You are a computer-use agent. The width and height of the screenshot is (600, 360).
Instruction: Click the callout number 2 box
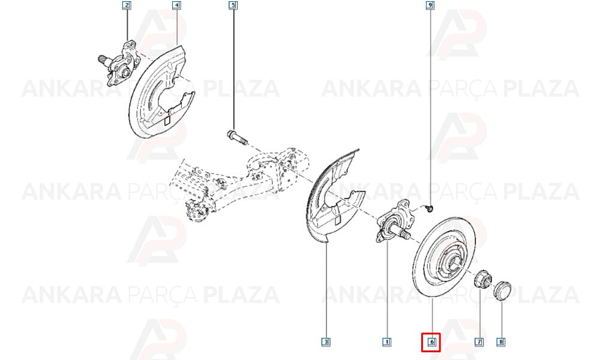click(127, 5)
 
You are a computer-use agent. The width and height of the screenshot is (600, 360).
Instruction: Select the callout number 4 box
click(176, 5)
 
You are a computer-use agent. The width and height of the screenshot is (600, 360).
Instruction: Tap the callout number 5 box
click(233, 5)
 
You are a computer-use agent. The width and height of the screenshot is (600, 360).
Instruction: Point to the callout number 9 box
click(430, 5)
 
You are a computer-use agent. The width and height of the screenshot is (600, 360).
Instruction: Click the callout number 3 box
click(326, 341)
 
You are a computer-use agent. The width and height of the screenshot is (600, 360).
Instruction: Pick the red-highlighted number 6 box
click(431, 342)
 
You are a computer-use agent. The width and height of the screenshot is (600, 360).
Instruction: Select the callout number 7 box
click(479, 341)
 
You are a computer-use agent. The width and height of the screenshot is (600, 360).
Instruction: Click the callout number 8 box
click(500, 341)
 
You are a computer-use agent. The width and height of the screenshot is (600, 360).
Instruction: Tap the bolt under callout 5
click(237, 138)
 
